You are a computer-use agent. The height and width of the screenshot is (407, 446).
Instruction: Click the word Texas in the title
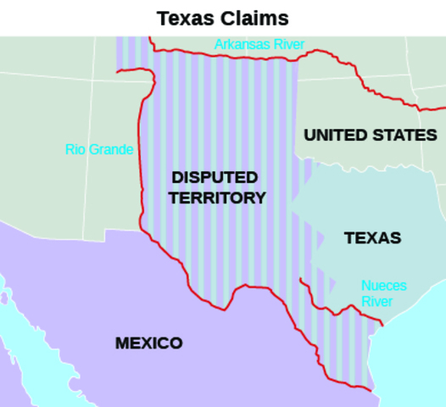click(x=181, y=18)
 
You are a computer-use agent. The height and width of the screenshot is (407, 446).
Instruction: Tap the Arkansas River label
click(x=259, y=44)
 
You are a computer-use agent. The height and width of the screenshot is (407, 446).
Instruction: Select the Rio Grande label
click(x=99, y=150)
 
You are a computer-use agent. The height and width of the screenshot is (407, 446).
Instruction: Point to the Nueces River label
click(x=383, y=293)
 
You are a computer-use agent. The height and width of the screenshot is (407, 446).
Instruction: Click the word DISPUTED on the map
click(x=215, y=177)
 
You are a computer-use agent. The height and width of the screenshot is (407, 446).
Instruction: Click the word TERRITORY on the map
click(x=217, y=198)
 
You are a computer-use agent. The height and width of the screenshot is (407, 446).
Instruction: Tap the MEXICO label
click(x=148, y=343)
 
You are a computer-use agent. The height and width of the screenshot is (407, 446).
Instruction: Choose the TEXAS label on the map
click(x=372, y=238)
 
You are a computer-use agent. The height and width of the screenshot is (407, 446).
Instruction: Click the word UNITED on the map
click(x=336, y=135)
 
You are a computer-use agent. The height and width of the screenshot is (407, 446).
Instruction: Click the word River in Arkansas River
click(x=287, y=44)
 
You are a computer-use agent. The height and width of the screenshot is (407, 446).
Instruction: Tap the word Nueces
click(x=383, y=286)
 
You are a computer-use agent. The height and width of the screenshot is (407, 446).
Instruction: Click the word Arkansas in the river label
click(x=242, y=44)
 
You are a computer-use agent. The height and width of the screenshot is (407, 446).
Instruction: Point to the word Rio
click(x=75, y=150)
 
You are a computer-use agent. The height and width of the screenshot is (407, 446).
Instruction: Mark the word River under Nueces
click(x=376, y=302)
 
